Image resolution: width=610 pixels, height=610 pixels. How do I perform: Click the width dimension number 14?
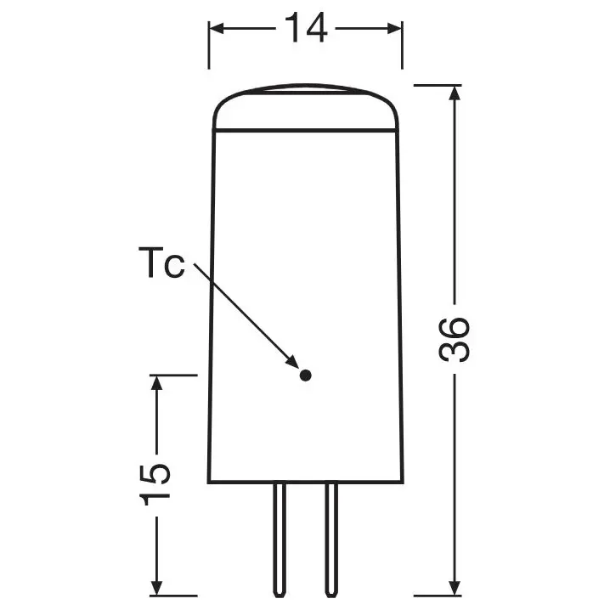305,29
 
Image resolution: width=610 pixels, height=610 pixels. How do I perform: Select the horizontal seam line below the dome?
306,130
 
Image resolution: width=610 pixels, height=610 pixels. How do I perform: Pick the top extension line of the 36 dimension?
438,85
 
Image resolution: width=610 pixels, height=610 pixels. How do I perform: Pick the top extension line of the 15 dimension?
174,374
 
